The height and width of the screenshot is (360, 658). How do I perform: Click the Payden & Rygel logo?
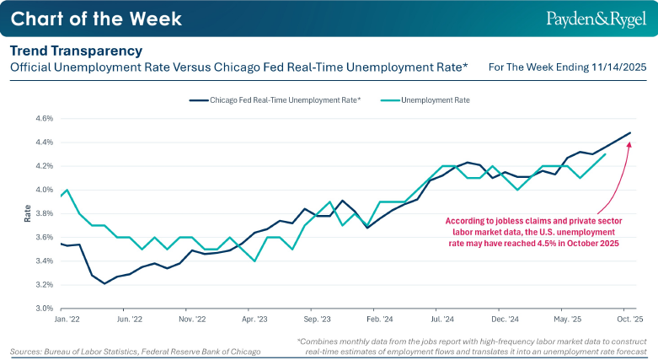click(x=596, y=19)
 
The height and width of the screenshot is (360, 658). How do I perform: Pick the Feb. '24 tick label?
click(x=380, y=321)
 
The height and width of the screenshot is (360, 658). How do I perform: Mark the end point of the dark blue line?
click(x=630, y=132)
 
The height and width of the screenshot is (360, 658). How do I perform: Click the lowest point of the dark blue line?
click(x=104, y=283)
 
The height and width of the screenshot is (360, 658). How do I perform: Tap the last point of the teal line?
click(x=606, y=154)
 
